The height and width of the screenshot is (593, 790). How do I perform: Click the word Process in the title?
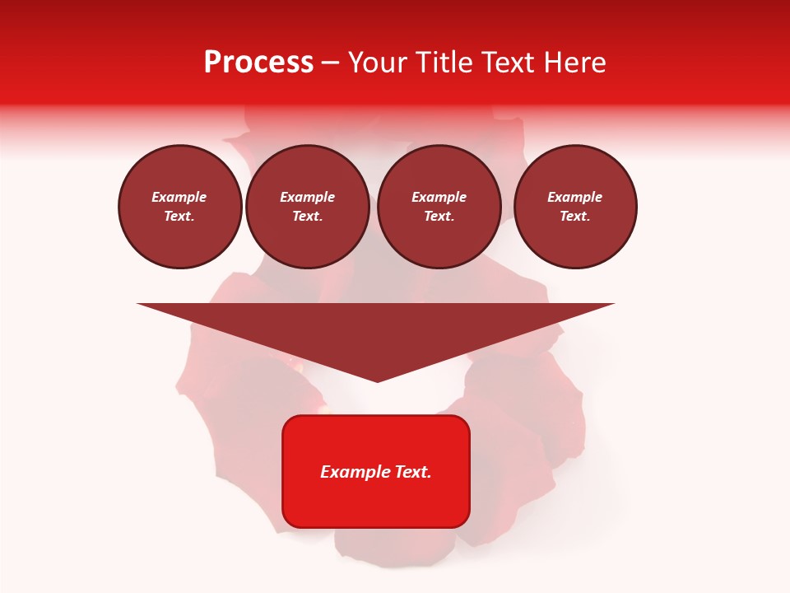tap(258, 63)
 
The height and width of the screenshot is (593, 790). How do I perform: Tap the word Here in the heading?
tap(574, 63)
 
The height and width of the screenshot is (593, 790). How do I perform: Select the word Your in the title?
tap(377, 63)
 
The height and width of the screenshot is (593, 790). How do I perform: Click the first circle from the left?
tap(179, 206)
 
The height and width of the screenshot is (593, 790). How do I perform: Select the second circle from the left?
tap(307, 206)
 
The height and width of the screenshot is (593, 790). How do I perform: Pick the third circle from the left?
tap(439, 206)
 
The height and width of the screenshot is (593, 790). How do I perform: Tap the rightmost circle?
tap(575, 206)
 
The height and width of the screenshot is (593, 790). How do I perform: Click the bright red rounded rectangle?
tap(376, 471)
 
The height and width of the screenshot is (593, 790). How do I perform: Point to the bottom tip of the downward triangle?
tap(377, 381)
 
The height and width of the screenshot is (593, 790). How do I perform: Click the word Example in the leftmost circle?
tap(179, 197)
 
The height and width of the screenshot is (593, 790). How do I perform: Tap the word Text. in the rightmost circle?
tap(575, 216)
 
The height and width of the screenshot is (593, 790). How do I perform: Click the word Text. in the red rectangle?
tap(413, 472)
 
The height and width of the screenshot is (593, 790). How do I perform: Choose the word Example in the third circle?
tap(439, 197)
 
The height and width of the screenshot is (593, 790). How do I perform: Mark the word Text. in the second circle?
tap(307, 216)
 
